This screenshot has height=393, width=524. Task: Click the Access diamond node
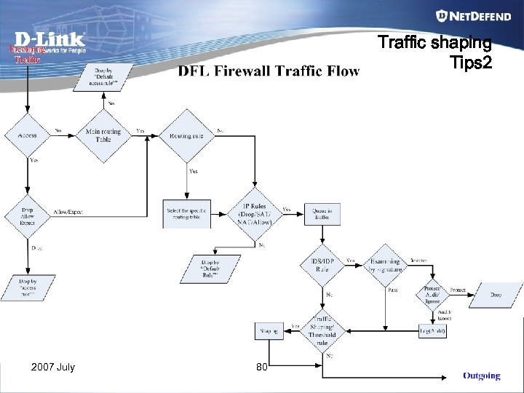(x=28, y=135)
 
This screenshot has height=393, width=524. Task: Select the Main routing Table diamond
(x=103, y=135)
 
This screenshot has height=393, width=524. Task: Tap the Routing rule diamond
(x=187, y=135)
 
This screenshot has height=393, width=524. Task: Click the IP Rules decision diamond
(x=255, y=213)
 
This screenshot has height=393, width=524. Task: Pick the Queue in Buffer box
(x=322, y=213)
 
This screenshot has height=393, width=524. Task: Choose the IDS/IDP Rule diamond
(x=322, y=266)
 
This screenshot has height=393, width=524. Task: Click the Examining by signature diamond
(x=384, y=265)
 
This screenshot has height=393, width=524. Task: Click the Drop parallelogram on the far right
(x=496, y=295)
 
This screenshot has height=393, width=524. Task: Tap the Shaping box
(x=269, y=331)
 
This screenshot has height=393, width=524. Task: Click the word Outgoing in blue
(x=481, y=376)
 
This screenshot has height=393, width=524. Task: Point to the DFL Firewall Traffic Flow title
(x=269, y=71)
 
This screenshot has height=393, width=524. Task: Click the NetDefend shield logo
(x=442, y=16)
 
